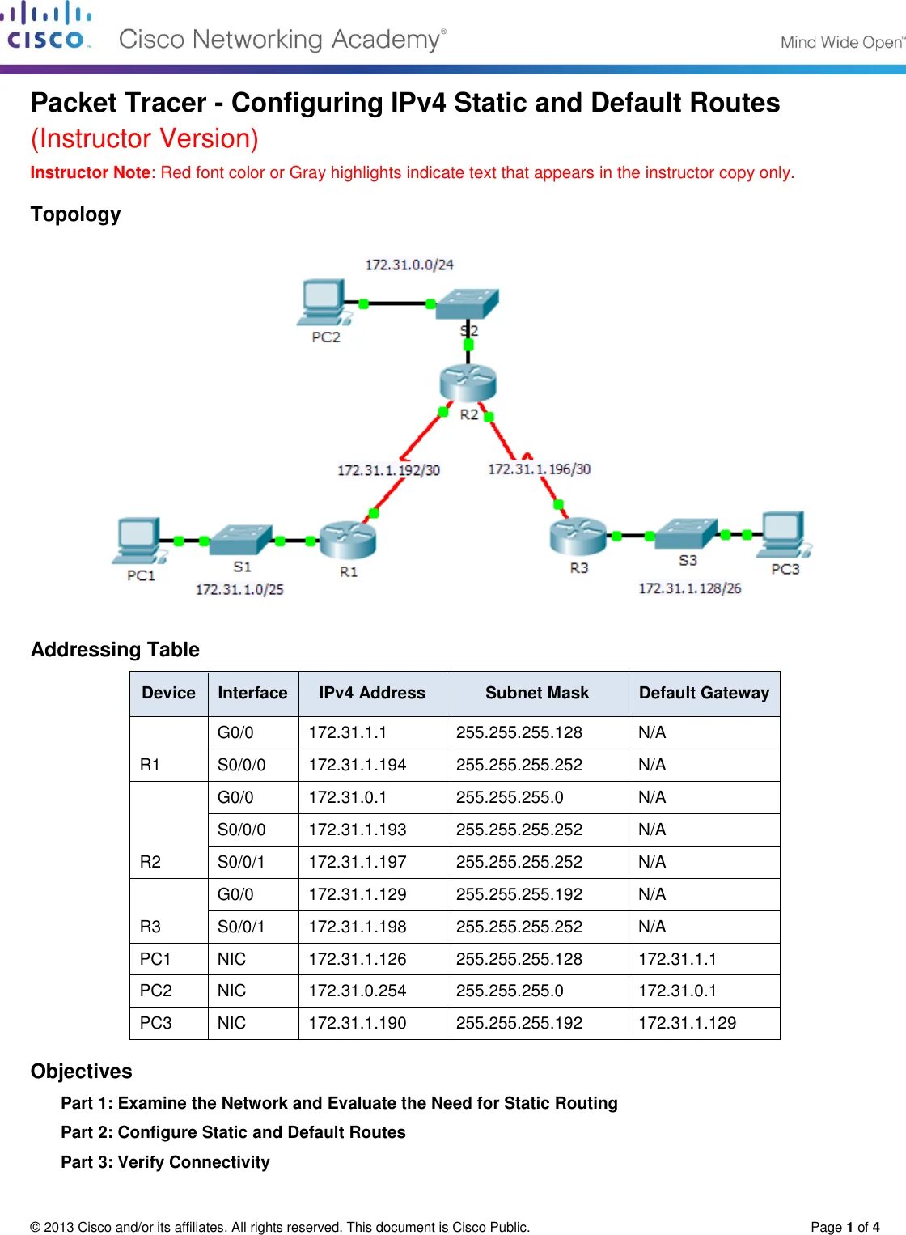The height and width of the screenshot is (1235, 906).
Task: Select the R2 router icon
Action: [x=468, y=383]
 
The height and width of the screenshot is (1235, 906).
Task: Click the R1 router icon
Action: [x=347, y=540]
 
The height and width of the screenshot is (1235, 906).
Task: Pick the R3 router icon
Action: [x=578, y=536]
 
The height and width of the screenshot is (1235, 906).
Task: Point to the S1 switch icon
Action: [x=240, y=540]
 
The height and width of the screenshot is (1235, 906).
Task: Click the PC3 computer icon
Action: [x=783, y=535]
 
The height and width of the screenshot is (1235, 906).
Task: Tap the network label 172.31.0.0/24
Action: [x=409, y=265]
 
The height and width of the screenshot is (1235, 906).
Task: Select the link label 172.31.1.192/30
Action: [x=388, y=470]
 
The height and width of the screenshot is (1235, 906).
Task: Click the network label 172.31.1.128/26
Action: [x=689, y=588]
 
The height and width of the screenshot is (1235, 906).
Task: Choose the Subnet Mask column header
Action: [x=537, y=693]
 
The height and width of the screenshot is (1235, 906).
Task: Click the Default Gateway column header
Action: [x=704, y=693]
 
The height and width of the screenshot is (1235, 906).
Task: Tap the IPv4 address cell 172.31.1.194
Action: [x=358, y=765]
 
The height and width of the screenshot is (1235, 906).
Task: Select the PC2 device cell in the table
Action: [x=156, y=991]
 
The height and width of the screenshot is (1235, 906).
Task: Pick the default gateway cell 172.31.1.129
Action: [x=687, y=1023]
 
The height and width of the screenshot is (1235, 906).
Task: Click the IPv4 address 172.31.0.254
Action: [x=358, y=991]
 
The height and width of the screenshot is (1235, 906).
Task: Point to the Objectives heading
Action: [x=82, y=1071]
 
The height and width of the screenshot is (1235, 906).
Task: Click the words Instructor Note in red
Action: [x=90, y=172]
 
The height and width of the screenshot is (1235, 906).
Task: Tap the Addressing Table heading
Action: [x=115, y=649]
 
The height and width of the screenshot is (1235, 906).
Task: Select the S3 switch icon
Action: [x=686, y=533]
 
